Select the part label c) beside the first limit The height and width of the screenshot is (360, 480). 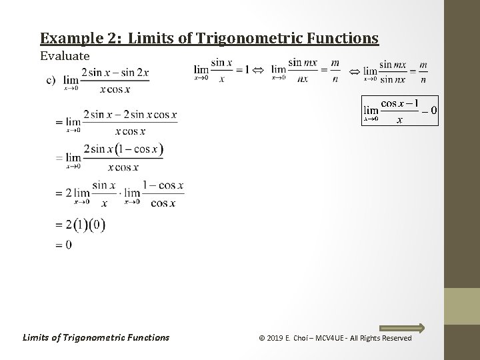pos(50,80)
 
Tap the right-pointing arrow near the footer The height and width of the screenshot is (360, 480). pos(401,327)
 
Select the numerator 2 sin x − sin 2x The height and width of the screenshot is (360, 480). pos(115,73)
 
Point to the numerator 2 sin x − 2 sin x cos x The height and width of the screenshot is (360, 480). pos(130,115)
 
